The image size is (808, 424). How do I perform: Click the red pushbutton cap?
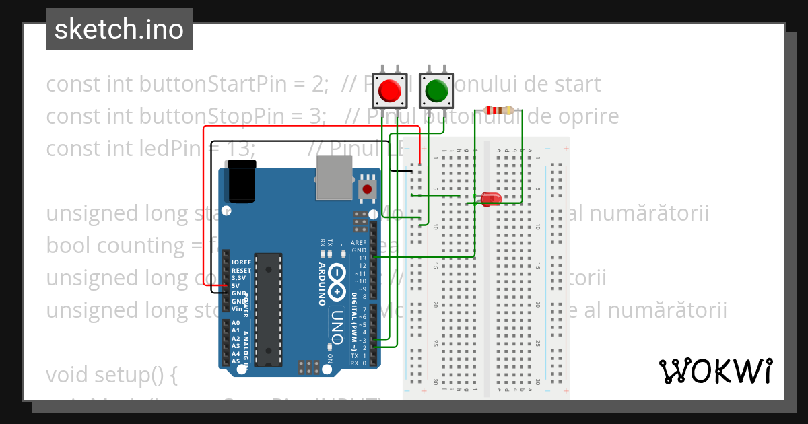391,90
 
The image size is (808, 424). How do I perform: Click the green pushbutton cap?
437,90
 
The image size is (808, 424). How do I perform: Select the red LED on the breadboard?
491,199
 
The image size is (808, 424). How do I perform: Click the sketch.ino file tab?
119,30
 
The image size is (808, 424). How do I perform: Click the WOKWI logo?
715,371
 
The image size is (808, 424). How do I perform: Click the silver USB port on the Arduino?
335,178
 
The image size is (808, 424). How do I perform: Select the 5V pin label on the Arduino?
236,285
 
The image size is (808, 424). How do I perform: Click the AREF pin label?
359,243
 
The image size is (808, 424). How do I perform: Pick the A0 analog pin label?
236,323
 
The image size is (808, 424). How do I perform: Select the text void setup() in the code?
111,374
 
